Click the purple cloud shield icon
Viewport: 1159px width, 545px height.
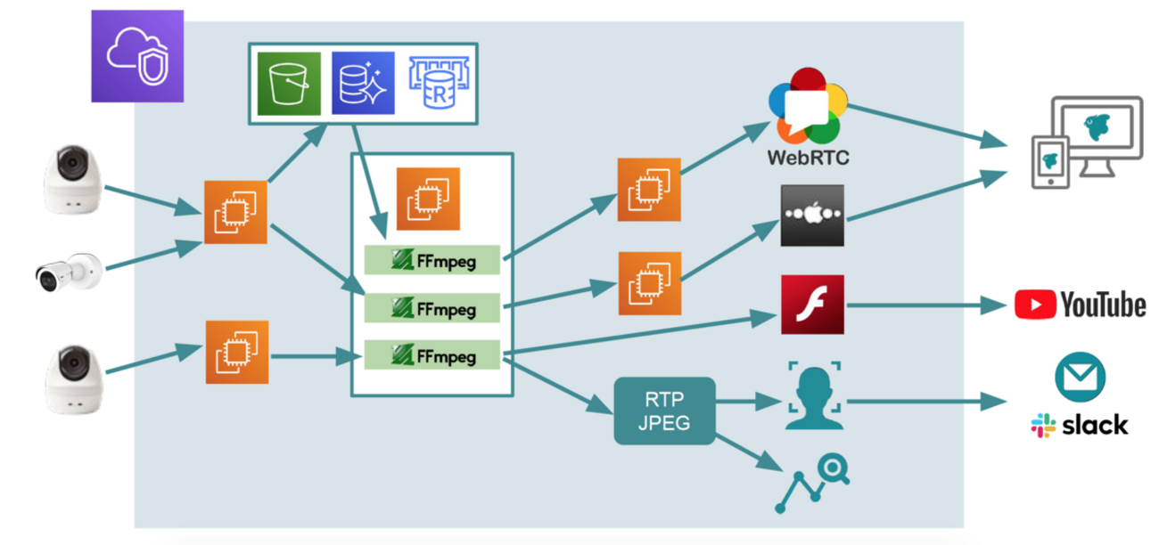coord(137,55)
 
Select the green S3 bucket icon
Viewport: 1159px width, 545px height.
coord(290,83)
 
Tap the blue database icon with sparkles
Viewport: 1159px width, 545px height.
coord(363,83)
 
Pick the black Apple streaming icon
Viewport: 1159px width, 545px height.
coord(812,216)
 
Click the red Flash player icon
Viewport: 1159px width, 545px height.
coord(812,305)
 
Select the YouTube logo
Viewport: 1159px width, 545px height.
coord(1081,305)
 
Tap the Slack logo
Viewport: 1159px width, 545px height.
coord(1080,425)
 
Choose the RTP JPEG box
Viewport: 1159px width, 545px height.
coord(664,411)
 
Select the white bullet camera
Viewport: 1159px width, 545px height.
coord(69,270)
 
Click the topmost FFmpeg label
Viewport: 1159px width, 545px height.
coord(432,260)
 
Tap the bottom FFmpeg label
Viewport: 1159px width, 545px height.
coord(432,355)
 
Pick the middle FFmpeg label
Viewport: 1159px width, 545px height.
coord(432,308)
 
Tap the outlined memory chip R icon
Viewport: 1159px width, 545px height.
coord(438,83)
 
